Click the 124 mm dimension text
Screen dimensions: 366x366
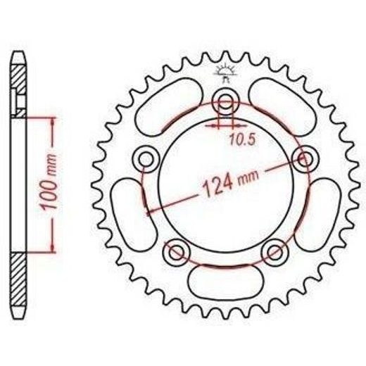(x=230, y=182)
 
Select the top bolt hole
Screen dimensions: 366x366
(x=225, y=101)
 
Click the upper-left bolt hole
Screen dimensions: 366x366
(x=146, y=159)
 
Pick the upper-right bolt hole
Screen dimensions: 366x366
(x=305, y=159)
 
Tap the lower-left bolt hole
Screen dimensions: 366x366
(x=177, y=252)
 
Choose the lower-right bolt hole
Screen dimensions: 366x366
(x=274, y=252)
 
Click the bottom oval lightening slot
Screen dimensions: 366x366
(x=225, y=282)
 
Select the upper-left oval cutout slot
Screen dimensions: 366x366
(x=168, y=107)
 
